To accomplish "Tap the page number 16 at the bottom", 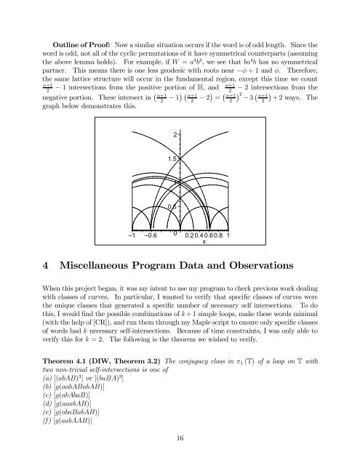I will pyautogui.click(x=180, y=455).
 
